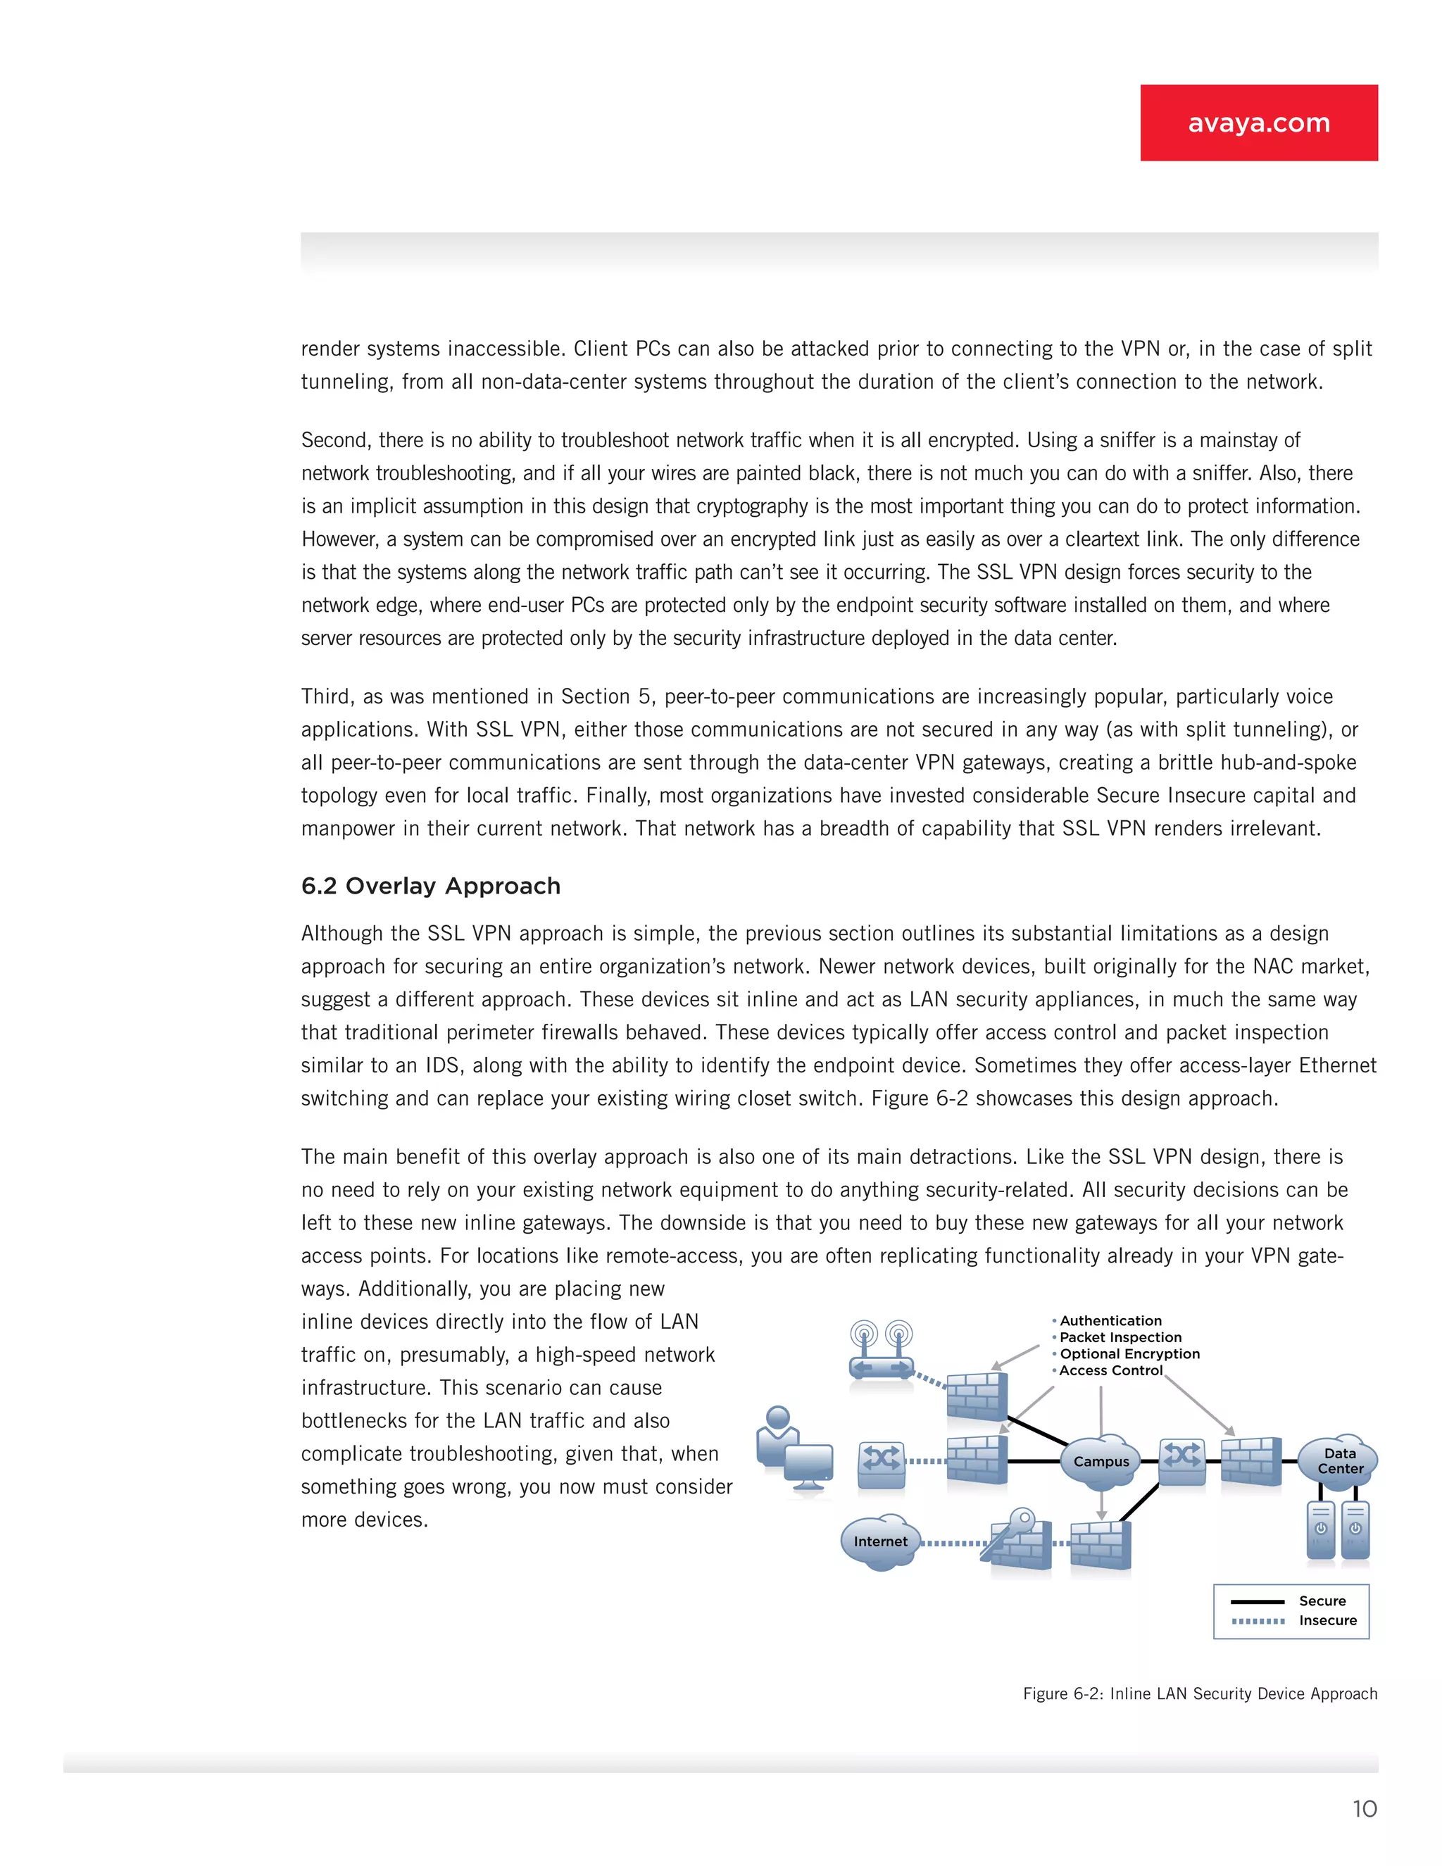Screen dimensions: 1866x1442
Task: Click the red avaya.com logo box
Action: pyautogui.click(x=1258, y=123)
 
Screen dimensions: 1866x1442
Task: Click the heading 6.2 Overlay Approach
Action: pyautogui.click(x=430, y=886)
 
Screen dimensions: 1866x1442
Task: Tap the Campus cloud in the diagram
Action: pyautogui.click(x=1101, y=1462)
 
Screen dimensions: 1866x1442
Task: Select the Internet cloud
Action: pyautogui.click(x=880, y=1542)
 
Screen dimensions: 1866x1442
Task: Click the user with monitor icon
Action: pyautogui.click(x=794, y=1449)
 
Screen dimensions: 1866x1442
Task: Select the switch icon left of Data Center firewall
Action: pyautogui.click(x=1182, y=1458)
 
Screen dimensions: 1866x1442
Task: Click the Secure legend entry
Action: pyautogui.click(x=1322, y=1601)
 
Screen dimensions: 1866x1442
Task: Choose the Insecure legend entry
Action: pyautogui.click(x=1327, y=1621)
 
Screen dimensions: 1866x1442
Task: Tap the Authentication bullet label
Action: pyautogui.click(x=1110, y=1321)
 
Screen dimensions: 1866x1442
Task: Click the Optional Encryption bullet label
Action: pyautogui.click(x=1129, y=1354)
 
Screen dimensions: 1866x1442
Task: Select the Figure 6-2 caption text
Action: pyautogui.click(x=1199, y=1693)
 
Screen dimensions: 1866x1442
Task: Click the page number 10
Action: pyautogui.click(x=1365, y=1809)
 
